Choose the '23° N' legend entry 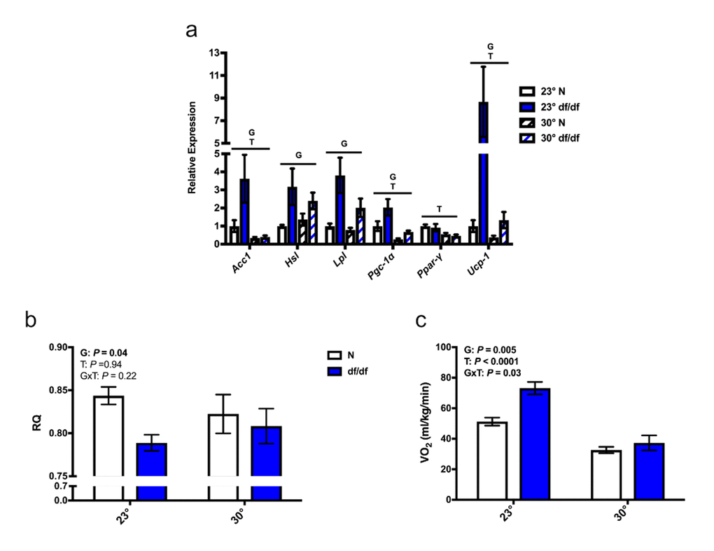[552, 91]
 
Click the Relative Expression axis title [192, 148]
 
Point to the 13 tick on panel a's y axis [215, 53]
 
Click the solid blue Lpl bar [340, 210]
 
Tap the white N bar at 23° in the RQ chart [108, 448]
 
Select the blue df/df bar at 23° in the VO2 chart [535, 444]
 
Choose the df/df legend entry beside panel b [355, 370]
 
